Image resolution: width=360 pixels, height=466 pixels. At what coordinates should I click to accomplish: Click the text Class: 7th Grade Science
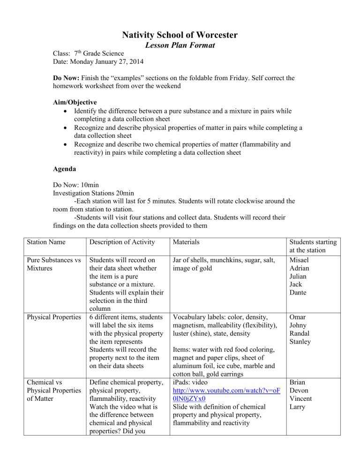(x=88, y=54)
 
